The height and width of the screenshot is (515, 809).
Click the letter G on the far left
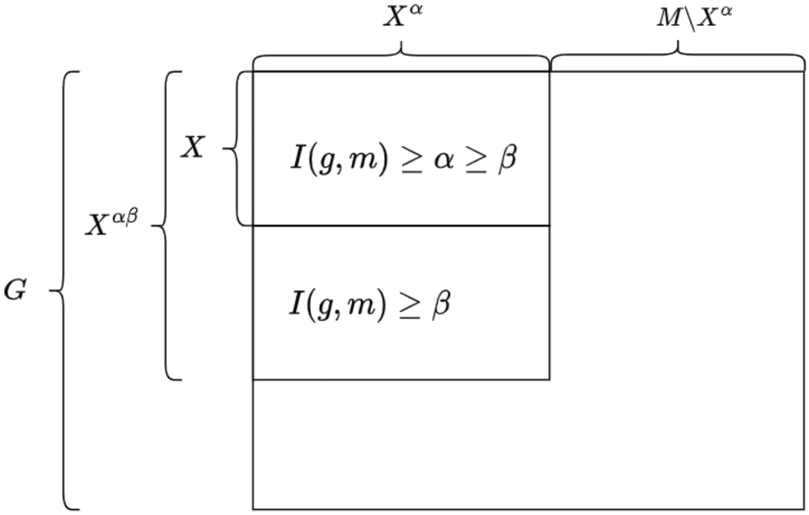click(x=15, y=291)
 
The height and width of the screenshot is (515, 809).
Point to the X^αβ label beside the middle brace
click(x=111, y=224)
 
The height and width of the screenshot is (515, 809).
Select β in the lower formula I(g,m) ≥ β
click(x=440, y=304)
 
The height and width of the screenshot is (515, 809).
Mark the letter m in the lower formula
click(x=360, y=305)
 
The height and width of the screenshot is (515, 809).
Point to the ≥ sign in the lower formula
click(x=407, y=304)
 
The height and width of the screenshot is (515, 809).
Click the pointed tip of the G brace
click(x=51, y=290)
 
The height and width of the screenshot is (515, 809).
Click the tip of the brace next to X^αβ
click(x=153, y=225)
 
